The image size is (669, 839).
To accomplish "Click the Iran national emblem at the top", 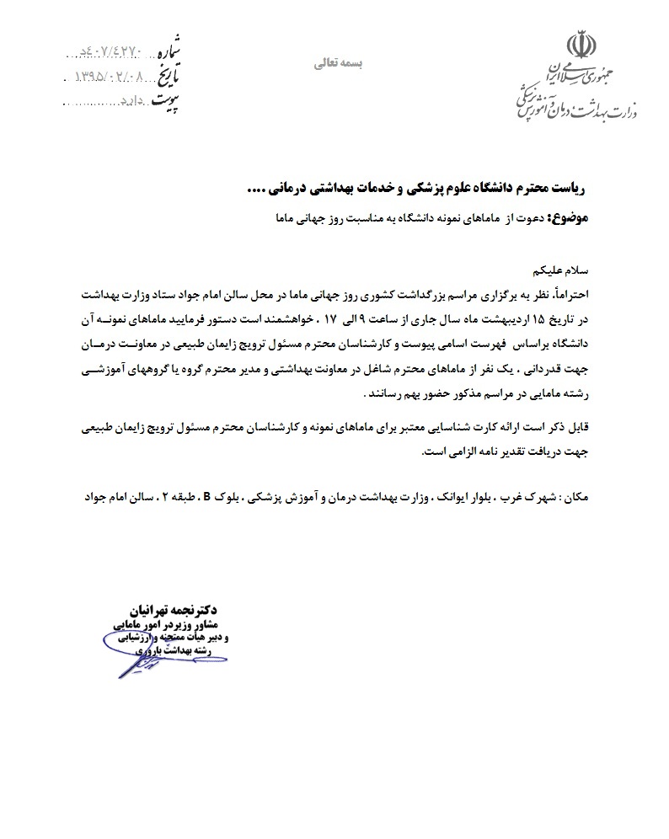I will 581,43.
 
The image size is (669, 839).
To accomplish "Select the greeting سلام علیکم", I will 566,271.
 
